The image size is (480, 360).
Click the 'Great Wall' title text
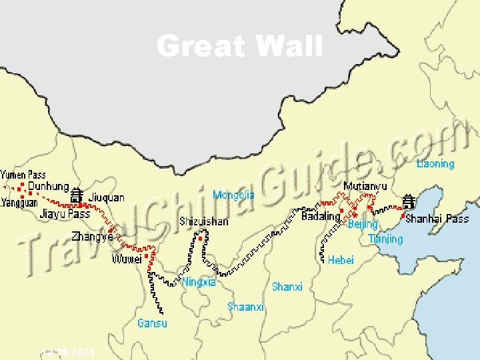[239, 47]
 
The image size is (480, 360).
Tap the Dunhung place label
[48, 187]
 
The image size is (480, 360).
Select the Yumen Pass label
[23, 175]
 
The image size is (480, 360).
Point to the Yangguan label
[19, 202]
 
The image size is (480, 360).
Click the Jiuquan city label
[107, 197]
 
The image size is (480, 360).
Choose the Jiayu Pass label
[65, 214]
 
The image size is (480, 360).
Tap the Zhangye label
[92, 236]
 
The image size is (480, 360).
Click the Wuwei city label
[127, 259]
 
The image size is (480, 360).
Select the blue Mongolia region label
[233, 195]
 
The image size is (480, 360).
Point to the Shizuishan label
[203, 221]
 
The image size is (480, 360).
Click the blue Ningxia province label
[199, 282]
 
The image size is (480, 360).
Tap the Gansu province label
[152, 323]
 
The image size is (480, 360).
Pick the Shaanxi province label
[246, 307]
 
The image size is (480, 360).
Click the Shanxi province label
[287, 287]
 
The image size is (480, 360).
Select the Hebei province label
[341, 260]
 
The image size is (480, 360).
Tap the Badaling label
[321, 217]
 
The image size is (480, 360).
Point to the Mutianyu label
[365, 187]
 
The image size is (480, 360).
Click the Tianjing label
[385, 239]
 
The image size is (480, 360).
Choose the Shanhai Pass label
[437, 218]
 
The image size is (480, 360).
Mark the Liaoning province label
[435, 163]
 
